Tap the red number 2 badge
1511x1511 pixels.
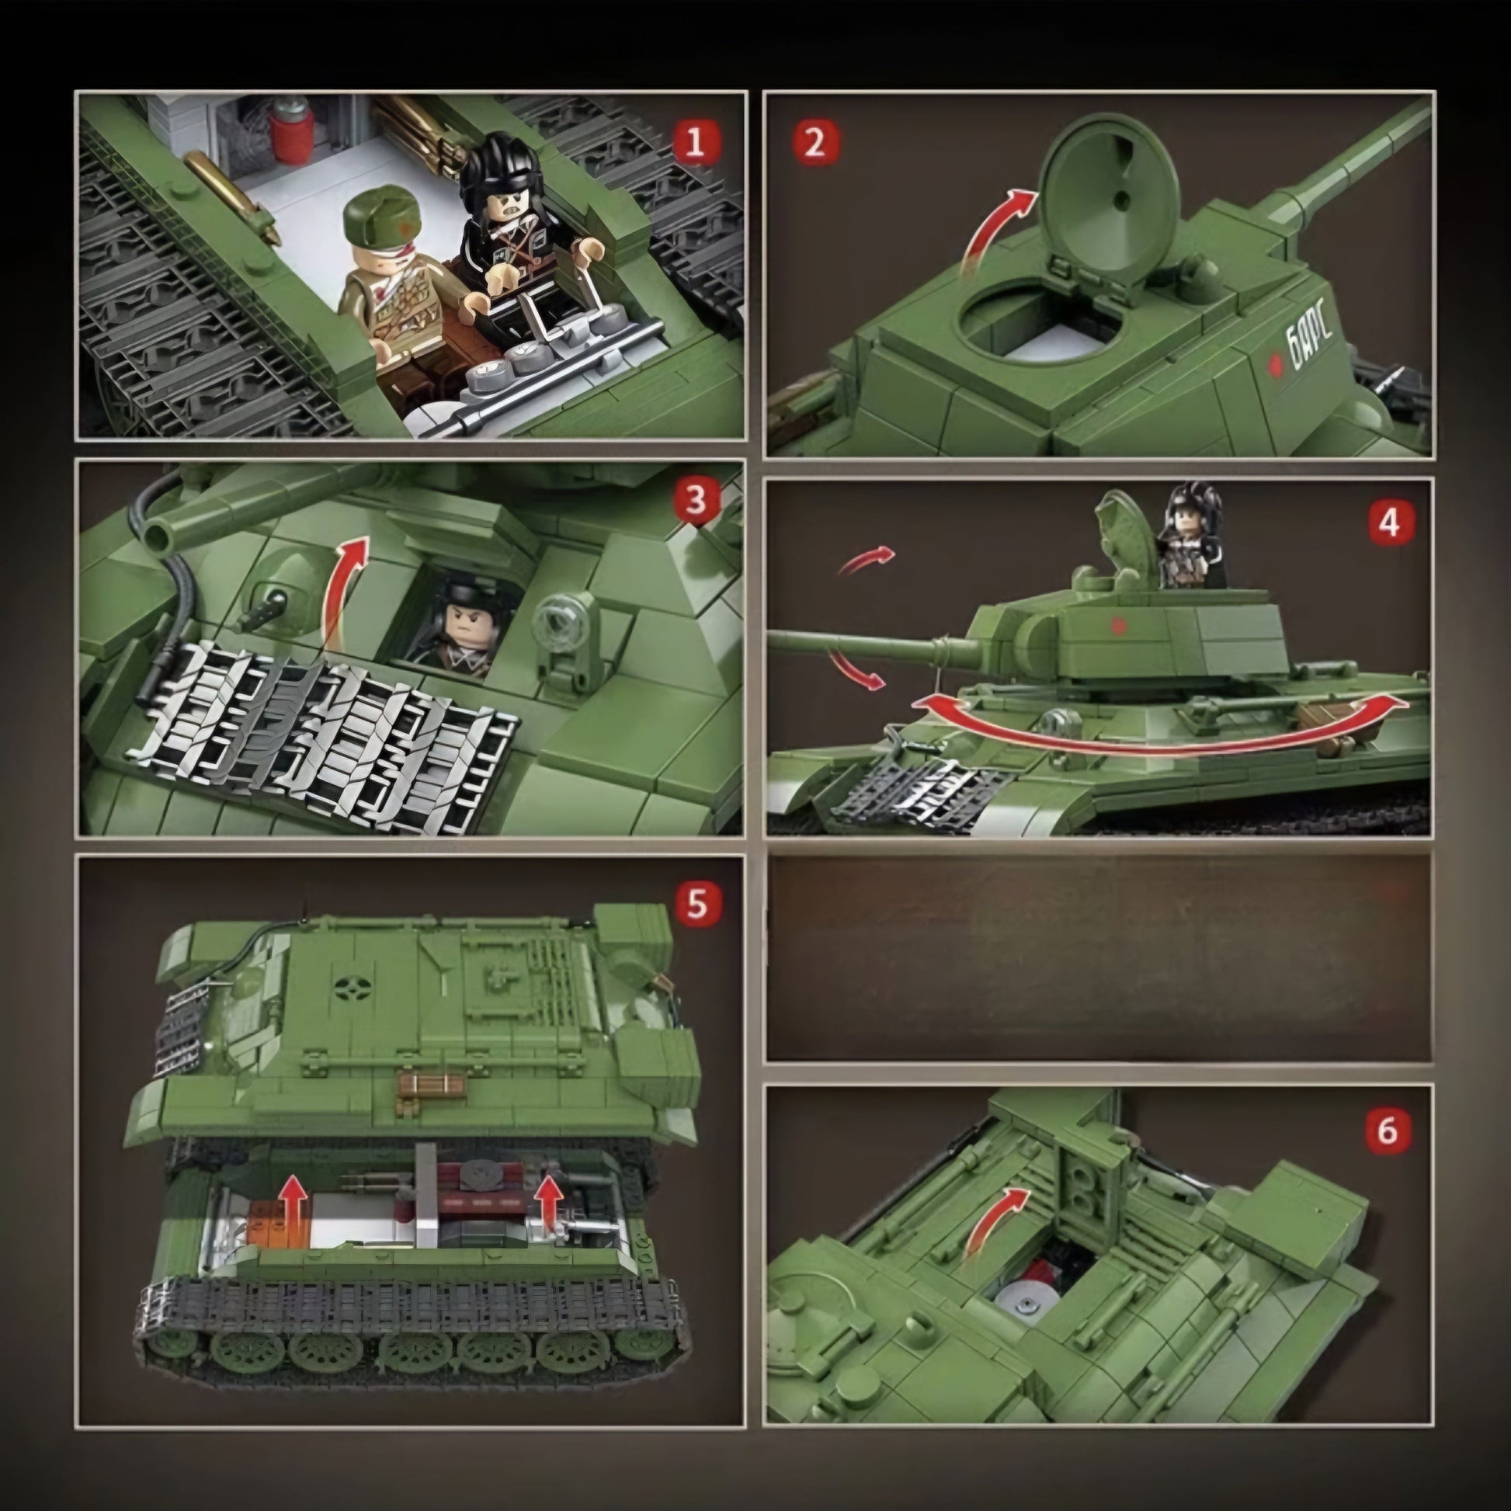point(815,142)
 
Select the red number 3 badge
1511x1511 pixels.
point(696,500)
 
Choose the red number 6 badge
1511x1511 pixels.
point(1387,1130)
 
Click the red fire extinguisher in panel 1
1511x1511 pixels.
point(293,133)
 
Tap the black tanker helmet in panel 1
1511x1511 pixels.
point(488,165)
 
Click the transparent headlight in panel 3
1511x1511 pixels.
point(558,623)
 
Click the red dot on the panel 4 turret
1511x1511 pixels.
point(1119,625)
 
